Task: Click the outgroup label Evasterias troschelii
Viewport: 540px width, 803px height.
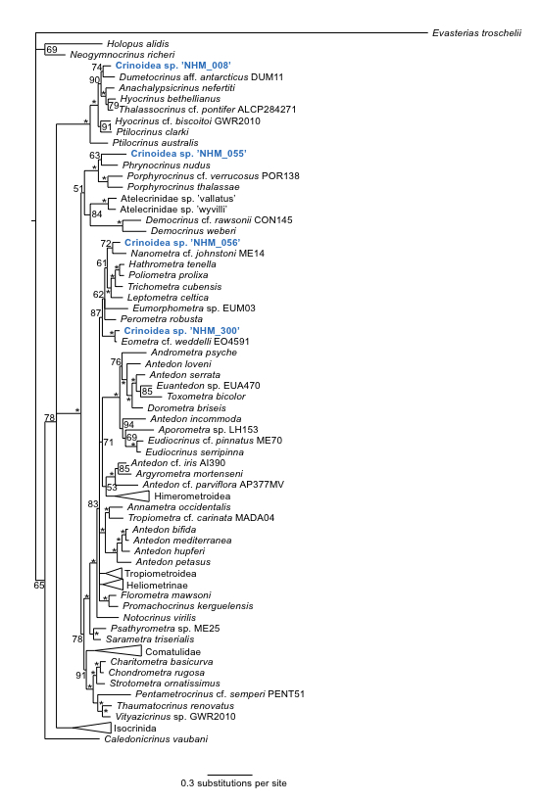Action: [476, 33]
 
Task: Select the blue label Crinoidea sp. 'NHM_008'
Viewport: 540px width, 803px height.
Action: [172, 66]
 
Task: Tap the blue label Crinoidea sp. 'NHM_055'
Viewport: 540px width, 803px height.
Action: [188, 154]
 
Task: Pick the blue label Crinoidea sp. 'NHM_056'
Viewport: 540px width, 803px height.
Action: [182, 243]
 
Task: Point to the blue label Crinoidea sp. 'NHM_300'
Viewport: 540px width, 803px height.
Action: [182, 331]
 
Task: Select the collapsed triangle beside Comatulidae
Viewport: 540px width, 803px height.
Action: [114, 651]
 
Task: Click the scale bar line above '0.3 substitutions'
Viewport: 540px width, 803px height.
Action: [230, 775]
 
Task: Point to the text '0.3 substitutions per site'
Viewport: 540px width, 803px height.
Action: [233, 783]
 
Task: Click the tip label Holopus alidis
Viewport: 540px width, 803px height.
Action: [138, 44]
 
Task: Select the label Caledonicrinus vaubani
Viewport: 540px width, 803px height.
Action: [156, 739]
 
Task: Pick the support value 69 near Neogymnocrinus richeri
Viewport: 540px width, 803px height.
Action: [52, 50]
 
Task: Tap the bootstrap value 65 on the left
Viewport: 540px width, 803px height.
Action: [39, 585]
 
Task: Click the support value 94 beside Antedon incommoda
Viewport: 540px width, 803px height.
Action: [128, 425]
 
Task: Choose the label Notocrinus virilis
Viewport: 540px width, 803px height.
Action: [160, 618]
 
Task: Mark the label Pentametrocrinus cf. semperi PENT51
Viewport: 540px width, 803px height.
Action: [220, 694]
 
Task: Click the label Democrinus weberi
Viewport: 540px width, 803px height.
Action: [193, 231]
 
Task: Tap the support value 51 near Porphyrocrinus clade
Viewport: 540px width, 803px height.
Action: [78, 188]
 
